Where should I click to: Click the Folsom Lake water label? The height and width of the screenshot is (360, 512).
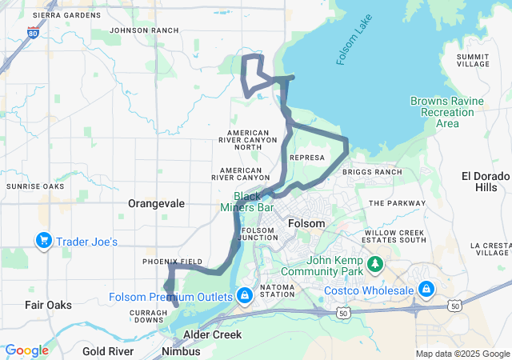pos(351,47)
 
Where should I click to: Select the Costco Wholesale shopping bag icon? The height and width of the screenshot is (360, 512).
pos(426,289)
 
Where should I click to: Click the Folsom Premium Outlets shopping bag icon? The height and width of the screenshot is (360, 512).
pos(244,297)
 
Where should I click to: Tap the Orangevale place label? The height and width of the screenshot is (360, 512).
pos(156,203)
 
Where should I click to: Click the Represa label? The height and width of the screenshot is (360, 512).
pos(308,158)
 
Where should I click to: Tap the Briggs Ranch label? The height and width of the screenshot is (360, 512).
pos(371,172)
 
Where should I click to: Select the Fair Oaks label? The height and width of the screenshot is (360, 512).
pos(48,305)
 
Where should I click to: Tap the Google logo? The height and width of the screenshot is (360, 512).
pos(26,350)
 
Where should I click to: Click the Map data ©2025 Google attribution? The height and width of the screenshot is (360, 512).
pos(462,354)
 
